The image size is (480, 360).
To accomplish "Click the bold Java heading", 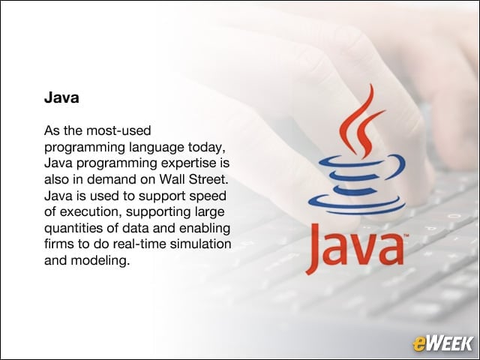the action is [x=61, y=97].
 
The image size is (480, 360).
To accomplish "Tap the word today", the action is [x=207, y=147].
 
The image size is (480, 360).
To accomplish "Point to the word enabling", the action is [x=205, y=229].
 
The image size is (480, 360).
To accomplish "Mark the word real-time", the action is [x=139, y=244].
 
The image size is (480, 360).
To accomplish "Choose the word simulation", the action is [x=200, y=244].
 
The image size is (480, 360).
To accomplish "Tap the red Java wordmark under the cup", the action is [x=355, y=248].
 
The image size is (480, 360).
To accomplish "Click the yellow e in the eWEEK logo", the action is [x=418, y=343].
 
